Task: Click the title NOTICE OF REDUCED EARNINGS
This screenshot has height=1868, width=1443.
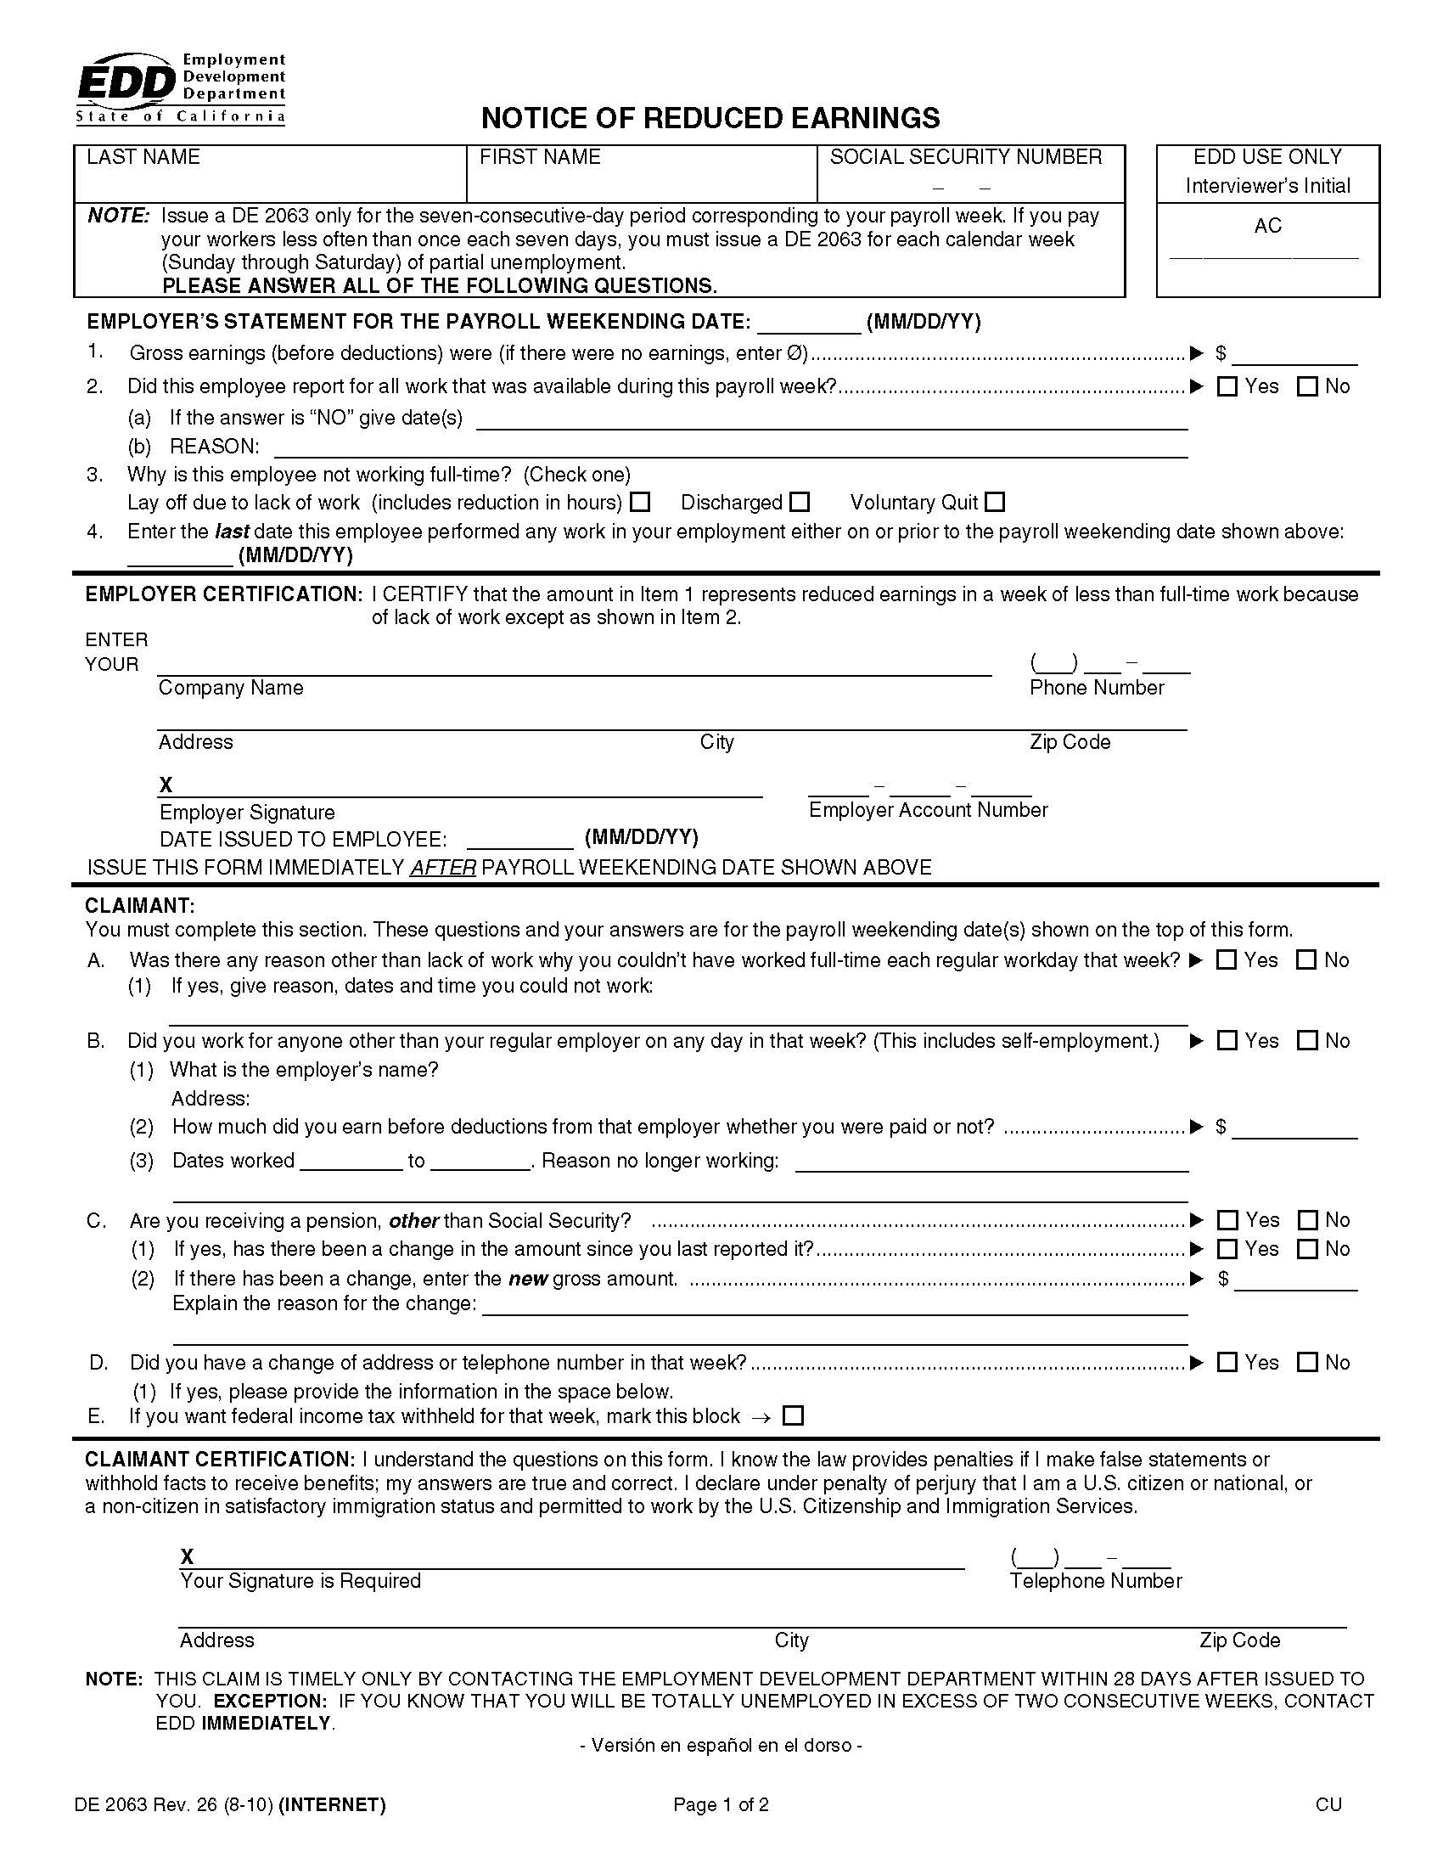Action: (710, 118)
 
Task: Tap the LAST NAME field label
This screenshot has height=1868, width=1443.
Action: (143, 157)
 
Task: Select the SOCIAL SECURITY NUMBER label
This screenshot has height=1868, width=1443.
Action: (965, 157)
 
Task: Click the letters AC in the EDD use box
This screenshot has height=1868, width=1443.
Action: (1267, 226)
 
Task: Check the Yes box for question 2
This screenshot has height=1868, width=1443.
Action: (1227, 386)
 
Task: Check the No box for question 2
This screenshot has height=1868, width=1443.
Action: (1307, 386)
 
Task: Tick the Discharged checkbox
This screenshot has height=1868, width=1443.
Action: (800, 502)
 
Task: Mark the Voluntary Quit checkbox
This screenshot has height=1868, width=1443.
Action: (995, 502)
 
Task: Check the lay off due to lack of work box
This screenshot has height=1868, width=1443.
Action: (640, 502)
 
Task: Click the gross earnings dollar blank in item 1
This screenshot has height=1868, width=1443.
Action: (1294, 354)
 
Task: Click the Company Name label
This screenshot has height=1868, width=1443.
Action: (231, 688)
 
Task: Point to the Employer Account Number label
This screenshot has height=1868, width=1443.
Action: (928, 810)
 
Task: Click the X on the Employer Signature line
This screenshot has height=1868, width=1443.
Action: (166, 785)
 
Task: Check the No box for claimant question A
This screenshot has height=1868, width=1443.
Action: (1306, 959)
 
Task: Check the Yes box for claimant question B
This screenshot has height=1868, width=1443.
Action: (1227, 1041)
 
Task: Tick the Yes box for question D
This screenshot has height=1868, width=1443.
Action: (1227, 1363)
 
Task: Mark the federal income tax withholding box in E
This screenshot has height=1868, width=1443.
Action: (794, 1416)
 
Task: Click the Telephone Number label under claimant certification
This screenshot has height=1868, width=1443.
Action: (1095, 1581)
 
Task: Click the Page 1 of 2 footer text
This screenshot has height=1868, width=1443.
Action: (721, 1804)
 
